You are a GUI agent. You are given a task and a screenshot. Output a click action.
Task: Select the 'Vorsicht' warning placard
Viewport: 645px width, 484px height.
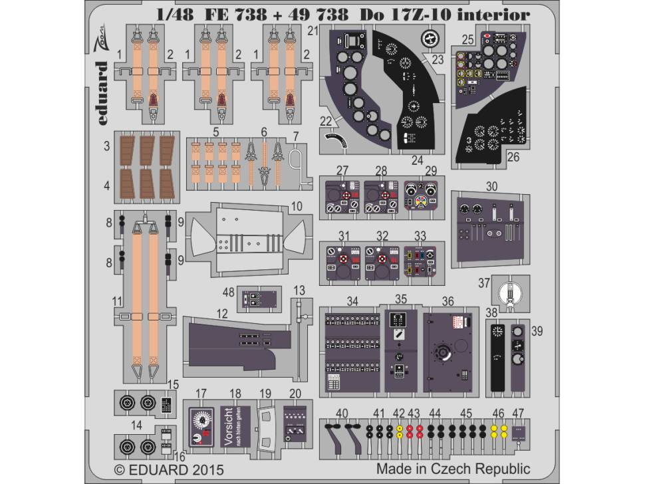[227, 425]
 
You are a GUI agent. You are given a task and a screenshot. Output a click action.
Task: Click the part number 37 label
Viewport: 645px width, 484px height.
[485, 283]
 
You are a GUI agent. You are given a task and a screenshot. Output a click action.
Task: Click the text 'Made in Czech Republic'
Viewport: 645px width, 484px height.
[453, 468]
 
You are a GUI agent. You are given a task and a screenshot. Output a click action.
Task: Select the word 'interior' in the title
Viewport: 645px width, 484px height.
[499, 15]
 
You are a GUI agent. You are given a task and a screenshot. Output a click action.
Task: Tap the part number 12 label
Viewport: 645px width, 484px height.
[222, 312]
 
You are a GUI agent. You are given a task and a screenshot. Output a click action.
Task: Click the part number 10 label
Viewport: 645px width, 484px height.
[296, 207]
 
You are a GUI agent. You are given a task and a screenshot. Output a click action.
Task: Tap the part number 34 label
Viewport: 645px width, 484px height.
[352, 301]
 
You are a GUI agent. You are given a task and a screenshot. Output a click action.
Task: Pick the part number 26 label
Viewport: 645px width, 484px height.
[513, 158]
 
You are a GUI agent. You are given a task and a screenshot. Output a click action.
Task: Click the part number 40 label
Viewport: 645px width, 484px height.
[341, 414]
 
